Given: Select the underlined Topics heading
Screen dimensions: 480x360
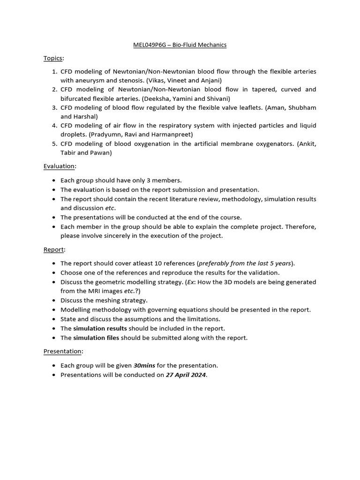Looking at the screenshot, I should [53, 58].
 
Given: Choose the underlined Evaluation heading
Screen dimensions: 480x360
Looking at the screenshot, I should [59, 166].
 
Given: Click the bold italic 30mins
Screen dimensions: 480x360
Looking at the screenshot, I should [145, 365].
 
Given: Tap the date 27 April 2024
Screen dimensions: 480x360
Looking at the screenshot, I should [186, 375].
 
